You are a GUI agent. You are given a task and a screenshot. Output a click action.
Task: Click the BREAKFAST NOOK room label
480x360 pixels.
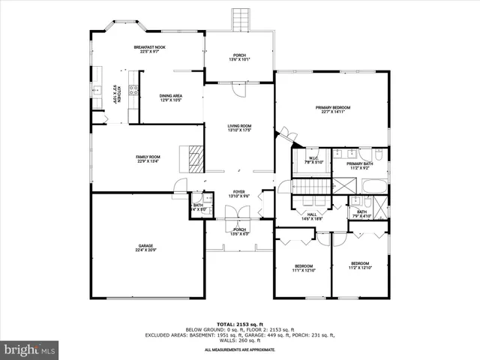[x=150, y=47]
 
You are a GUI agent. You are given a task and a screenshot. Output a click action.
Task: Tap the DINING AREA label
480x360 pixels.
[x=171, y=95]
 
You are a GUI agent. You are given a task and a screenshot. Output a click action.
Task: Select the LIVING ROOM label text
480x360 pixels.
[x=240, y=125]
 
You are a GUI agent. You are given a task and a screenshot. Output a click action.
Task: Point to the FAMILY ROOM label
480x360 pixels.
[x=148, y=156]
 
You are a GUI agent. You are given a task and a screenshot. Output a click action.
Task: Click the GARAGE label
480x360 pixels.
[x=145, y=245]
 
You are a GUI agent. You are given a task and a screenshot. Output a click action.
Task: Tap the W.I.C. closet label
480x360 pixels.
[x=311, y=158]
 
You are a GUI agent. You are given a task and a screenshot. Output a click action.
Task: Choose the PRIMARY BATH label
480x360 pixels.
[x=360, y=163]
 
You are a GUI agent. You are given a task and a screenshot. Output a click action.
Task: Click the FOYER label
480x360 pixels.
[x=239, y=192]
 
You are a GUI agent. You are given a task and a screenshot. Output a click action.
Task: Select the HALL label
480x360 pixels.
[x=311, y=214]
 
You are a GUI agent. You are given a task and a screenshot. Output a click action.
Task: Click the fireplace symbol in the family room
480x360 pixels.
[x=195, y=159]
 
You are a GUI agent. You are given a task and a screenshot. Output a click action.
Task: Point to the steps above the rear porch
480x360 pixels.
[x=240, y=19]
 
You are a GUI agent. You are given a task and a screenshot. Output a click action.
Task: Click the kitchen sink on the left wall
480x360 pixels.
[x=97, y=89]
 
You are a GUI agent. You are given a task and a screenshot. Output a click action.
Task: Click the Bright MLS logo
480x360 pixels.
[x=30, y=349]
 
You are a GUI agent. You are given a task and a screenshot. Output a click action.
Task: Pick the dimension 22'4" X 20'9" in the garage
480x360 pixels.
[x=145, y=250]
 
